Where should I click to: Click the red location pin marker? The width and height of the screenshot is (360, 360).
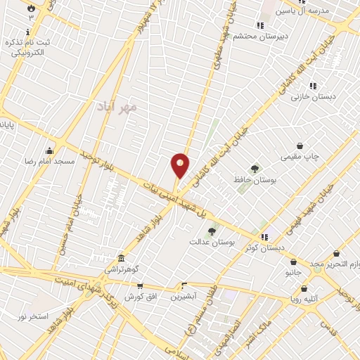pos(180,165)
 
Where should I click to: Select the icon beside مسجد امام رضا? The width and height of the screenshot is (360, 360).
pos(49,150)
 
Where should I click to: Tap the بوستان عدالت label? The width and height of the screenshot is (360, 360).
pos(210,242)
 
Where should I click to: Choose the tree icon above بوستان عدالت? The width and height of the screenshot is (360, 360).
pos(211,231)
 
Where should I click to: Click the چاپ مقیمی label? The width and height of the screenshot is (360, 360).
pos(301,156)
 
